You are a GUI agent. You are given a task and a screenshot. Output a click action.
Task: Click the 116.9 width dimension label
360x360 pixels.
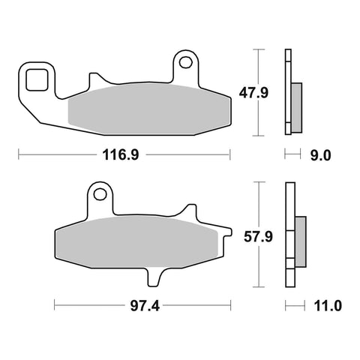pyautogui.click(x=121, y=155)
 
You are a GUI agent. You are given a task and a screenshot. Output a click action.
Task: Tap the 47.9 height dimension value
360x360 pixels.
pyautogui.click(x=253, y=93)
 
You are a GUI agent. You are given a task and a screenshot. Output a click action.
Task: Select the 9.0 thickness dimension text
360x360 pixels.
pyautogui.click(x=320, y=155)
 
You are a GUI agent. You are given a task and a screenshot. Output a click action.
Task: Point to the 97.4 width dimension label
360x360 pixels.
pyautogui.click(x=145, y=306)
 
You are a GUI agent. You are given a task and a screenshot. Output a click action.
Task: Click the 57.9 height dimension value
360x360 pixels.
pyautogui.click(x=258, y=237)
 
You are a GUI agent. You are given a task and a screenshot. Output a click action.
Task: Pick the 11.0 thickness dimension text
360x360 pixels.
pyautogui.click(x=328, y=306)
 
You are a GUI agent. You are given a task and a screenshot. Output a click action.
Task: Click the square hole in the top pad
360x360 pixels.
pyautogui.click(x=37, y=79)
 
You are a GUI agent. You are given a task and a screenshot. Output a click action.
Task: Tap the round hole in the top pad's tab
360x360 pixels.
pyautogui.click(x=186, y=62)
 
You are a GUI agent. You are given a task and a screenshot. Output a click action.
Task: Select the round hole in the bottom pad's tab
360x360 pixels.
pyautogui.click(x=100, y=194)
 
